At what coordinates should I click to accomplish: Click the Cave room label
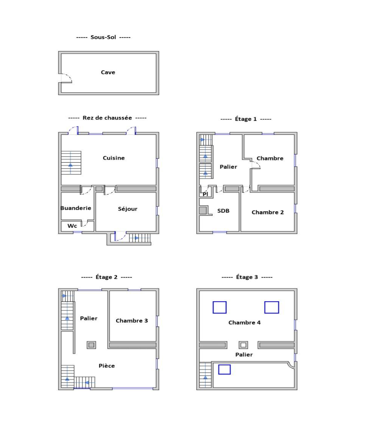pos(108,72)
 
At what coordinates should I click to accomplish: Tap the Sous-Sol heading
pos(103,37)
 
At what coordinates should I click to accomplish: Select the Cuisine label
pos(114,158)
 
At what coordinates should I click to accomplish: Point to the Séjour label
pos(128,209)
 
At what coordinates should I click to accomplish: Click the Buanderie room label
pos(76,208)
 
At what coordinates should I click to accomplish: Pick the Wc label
pos(72,226)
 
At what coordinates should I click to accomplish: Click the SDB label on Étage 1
pos(223,211)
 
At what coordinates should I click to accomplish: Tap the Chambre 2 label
pos(267,212)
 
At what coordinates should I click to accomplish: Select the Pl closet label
pos(206,194)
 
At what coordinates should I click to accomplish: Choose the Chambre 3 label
pos(132,321)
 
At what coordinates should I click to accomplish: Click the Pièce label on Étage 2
pos(107,366)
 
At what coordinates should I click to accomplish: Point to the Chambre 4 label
pos(245,323)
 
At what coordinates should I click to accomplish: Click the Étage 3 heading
pos(247,277)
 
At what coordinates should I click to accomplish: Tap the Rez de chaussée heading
pos(107,118)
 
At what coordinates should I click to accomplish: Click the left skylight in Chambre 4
pos(220,307)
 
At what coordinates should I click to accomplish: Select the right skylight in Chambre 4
pos(272,307)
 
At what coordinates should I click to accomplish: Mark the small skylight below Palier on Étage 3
pos(225,370)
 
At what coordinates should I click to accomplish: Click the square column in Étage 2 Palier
pos(91,345)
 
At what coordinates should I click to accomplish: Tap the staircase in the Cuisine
pos(71,163)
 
